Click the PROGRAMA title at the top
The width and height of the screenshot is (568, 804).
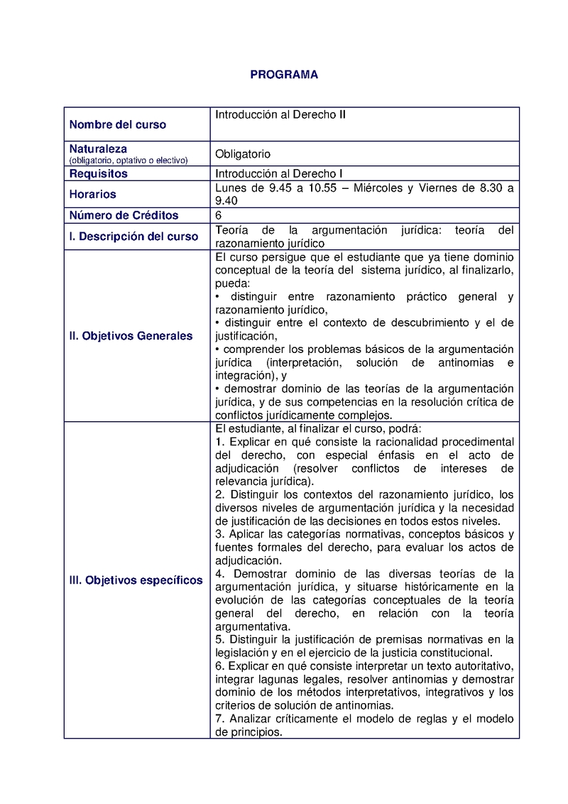pyautogui.click(x=284, y=75)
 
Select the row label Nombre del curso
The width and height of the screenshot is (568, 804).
pyautogui.click(x=117, y=125)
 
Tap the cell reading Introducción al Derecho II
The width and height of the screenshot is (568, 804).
pyautogui.click(x=280, y=114)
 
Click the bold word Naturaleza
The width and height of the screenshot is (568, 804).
pyautogui.click(x=98, y=149)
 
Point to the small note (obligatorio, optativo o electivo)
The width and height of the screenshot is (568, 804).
pyautogui.click(x=129, y=160)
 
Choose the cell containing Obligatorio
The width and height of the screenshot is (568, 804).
pyautogui.click(x=243, y=154)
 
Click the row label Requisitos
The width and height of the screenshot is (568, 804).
pyautogui.click(x=98, y=173)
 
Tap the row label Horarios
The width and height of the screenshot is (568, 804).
pyautogui.click(x=92, y=194)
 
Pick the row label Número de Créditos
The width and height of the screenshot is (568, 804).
pyautogui.click(x=124, y=215)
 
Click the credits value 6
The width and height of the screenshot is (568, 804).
pyautogui.click(x=219, y=215)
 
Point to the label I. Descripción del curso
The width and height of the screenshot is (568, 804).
pyautogui.click(x=133, y=237)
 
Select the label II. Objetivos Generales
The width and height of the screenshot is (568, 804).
pyautogui.click(x=131, y=336)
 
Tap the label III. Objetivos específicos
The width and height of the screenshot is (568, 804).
pyautogui.click(x=136, y=580)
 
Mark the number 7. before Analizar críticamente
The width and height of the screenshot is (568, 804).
pyautogui.click(x=219, y=719)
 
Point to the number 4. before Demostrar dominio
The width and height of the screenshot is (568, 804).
pyautogui.click(x=219, y=574)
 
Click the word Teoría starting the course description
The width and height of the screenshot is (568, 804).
pyautogui.click(x=231, y=230)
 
